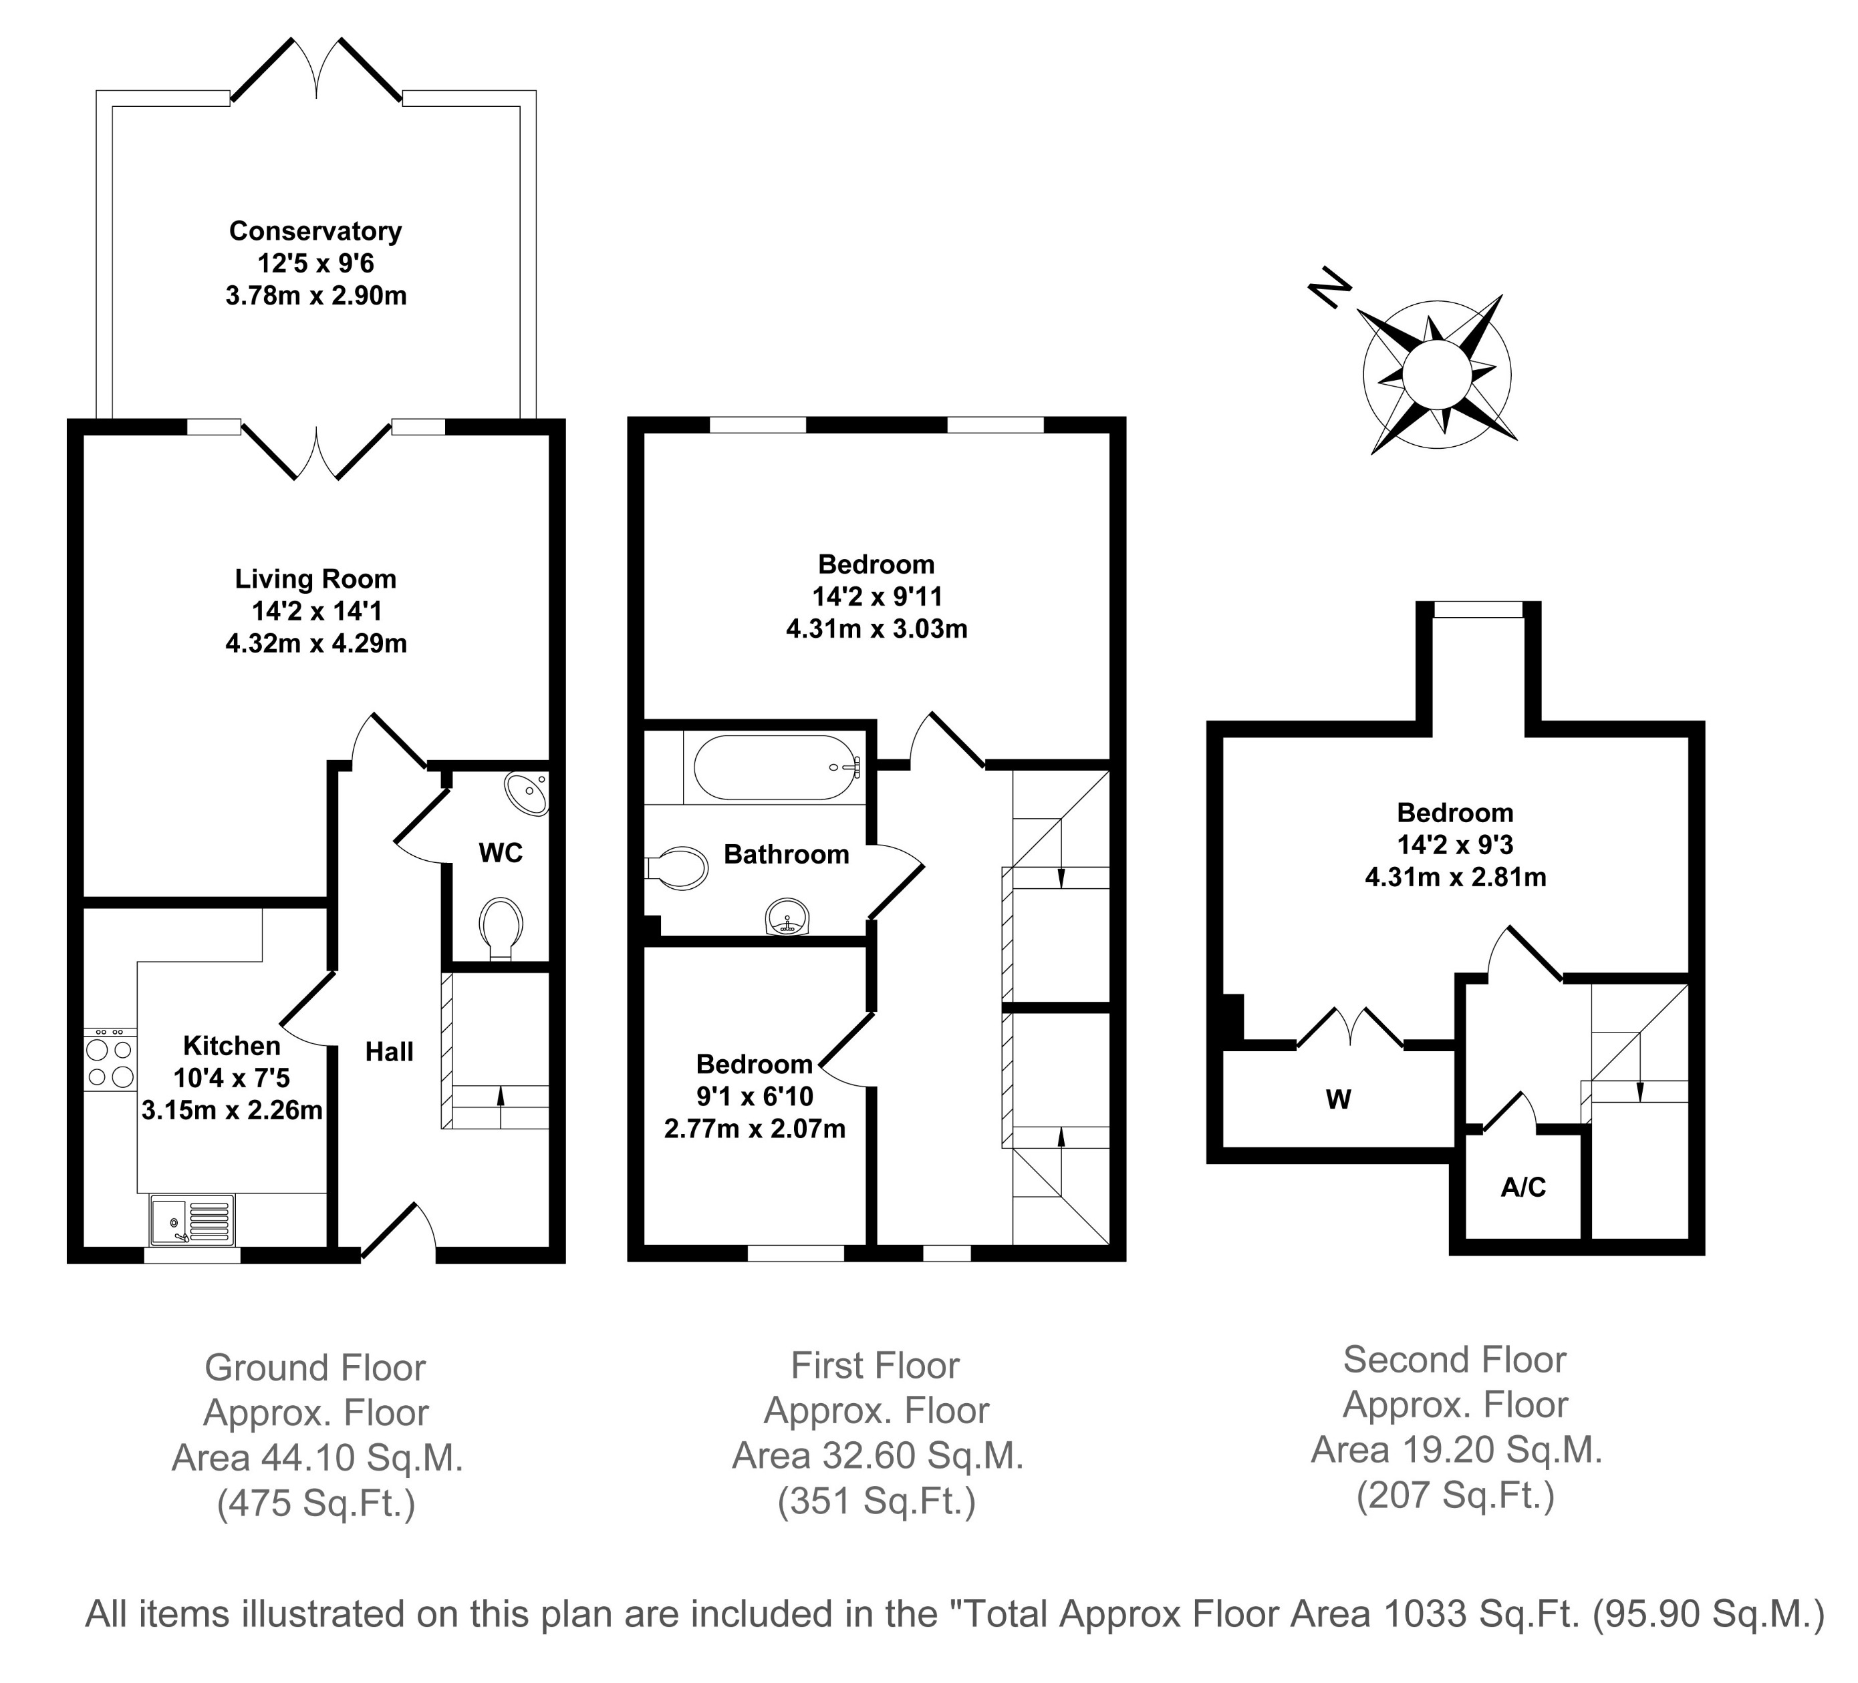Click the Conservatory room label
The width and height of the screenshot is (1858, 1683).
[315, 231]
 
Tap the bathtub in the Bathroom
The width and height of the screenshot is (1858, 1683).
[777, 767]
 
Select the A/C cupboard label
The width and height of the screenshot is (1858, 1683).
[1522, 1187]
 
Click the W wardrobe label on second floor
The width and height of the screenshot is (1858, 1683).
[1337, 1099]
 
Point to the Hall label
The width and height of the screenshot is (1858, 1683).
[389, 1052]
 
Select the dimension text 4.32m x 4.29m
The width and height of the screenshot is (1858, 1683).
[316, 643]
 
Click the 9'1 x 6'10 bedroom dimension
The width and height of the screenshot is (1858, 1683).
[754, 1096]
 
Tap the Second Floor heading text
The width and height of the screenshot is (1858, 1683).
[1454, 1360]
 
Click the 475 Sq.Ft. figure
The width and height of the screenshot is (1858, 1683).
[316, 1504]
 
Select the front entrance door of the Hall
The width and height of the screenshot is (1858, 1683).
[398, 1231]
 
